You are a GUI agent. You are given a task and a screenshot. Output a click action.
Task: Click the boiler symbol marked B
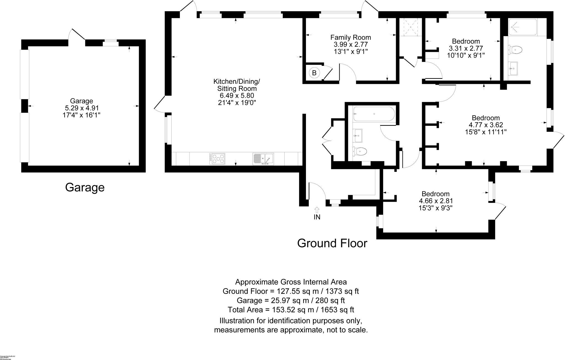pyautogui.click(x=314, y=73)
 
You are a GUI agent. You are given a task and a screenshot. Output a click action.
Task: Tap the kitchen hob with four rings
pyautogui.click(x=217, y=159)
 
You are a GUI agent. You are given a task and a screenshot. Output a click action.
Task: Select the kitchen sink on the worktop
pyautogui.click(x=263, y=159)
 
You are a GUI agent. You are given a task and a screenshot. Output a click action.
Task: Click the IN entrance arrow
pyautogui.click(x=317, y=210)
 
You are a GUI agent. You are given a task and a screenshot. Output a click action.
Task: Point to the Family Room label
pyautogui.click(x=351, y=37)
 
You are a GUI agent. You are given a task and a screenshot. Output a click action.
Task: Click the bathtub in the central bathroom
pyautogui.click(x=374, y=114)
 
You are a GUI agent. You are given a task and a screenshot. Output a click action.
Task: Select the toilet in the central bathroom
pyautogui.click(x=360, y=151)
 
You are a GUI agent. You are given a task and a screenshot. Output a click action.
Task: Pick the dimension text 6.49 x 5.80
pyautogui.click(x=237, y=96)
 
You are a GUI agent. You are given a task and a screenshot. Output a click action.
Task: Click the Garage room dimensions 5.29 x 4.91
pyautogui.click(x=81, y=108)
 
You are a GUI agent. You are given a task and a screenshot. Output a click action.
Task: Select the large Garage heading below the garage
pyautogui.click(x=85, y=188)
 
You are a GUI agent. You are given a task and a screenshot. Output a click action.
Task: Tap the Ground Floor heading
pyautogui.click(x=332, y=243)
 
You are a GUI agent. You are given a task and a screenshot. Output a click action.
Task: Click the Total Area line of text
pyautogui.click(x=291, y=310)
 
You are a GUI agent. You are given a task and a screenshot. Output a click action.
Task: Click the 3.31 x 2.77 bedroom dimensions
pyautogui.click(x=466, y=48)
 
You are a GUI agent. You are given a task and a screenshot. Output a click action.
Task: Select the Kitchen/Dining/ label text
pyautogui.click(x=237, y=82)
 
